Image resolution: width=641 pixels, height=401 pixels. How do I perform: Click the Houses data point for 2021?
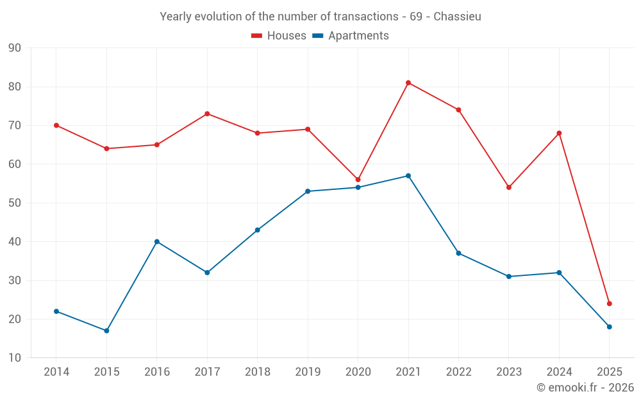click(x=408, y=83)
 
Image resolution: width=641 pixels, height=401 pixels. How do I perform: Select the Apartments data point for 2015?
click(x=106, y=331)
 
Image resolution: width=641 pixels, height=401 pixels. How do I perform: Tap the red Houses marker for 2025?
click(x=610, y=303)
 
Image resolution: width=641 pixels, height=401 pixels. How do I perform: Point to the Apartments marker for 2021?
click(x=408, y=176)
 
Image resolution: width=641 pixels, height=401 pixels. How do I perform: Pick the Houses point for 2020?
click(x=358, y=180)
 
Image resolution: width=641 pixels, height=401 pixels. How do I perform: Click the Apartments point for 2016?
click(x=157, y=242)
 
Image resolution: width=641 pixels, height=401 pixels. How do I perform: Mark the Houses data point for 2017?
click(x=207, y=114)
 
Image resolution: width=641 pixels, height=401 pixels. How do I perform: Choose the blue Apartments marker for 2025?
click(x=610, y=327)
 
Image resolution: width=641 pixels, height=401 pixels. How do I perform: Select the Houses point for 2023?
click(x=509, y=187)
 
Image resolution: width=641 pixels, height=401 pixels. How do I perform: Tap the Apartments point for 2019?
click(x=308, y=191)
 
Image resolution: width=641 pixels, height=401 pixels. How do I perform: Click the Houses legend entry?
click(x=279, y=36)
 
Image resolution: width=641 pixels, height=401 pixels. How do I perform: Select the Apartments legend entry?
click(x=351, y=36)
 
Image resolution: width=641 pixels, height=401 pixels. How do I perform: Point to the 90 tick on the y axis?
click(x=15, y=48)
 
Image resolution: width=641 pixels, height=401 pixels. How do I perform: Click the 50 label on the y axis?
click(x=15, y=203)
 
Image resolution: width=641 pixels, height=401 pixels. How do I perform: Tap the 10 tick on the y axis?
click(x=15, y=358)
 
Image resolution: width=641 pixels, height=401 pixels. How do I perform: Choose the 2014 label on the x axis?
click(x=56, y=372)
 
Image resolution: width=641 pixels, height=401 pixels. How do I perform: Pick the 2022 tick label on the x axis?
click(x=458, y=372)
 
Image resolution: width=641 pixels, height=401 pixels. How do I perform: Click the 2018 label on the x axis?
click(x=258, y=372)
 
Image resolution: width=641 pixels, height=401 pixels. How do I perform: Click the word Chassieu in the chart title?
click(x=457, y=17)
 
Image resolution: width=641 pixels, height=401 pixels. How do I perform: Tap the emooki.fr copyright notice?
click(x=585, y=388)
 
